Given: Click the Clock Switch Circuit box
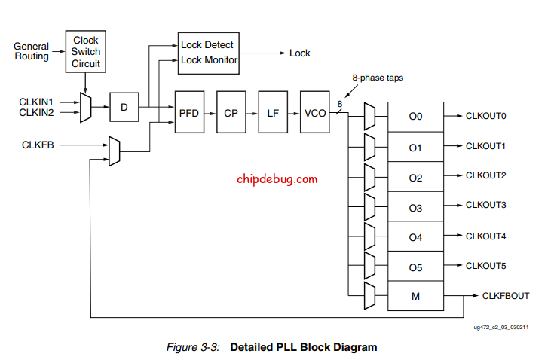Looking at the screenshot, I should click(85, 51).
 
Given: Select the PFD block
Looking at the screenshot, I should click(188, 112).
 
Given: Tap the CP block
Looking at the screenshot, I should click(231, 112).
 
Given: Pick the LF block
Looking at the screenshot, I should click(273, 112).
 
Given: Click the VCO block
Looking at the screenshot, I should click(314, 112).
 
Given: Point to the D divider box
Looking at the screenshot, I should click(124, 108).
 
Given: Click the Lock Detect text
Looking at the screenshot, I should click(207, 45).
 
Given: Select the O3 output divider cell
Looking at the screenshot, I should click(415, 207).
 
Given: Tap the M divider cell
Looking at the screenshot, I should click(415, 296).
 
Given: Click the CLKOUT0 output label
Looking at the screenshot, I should click(485, 117).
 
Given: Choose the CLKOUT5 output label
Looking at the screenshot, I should click(485, 265).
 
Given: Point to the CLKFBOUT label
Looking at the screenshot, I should click(505, 296).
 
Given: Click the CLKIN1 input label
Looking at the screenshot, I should click(35, 102).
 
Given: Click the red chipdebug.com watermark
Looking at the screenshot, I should click(277, 179).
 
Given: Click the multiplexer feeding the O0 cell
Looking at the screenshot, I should click(369, 117).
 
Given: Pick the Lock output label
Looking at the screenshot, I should click(300, 53).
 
